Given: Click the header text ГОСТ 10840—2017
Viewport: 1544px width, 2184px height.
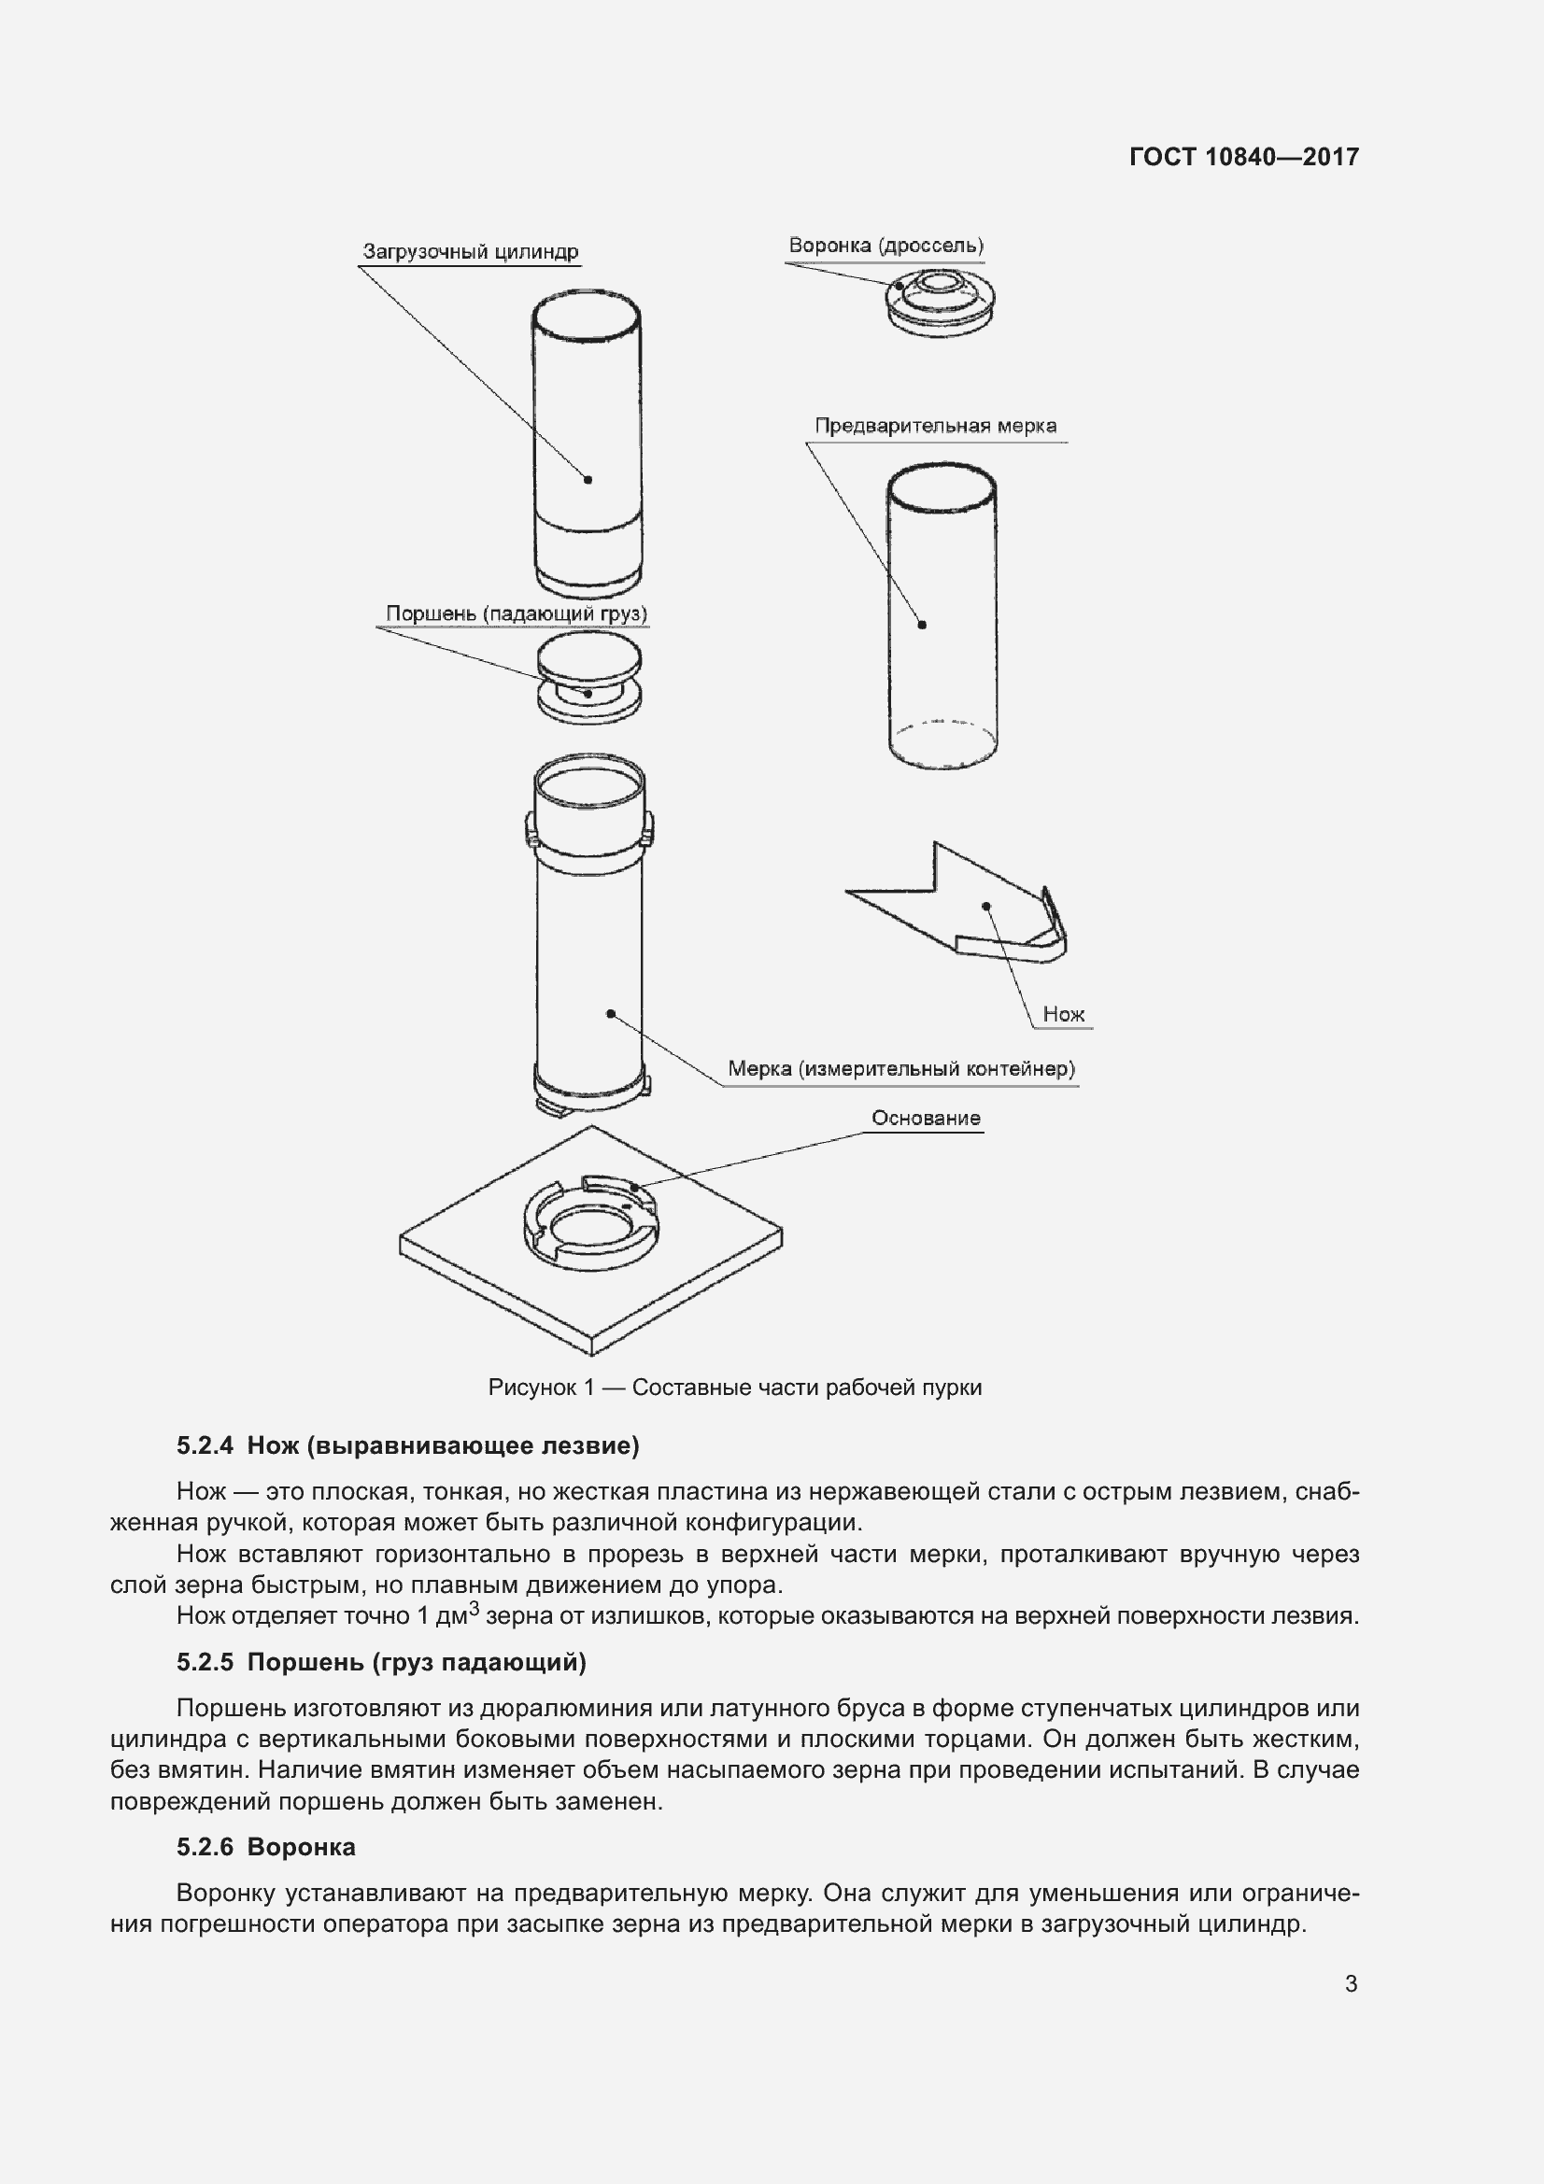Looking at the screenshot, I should click(1243, 157).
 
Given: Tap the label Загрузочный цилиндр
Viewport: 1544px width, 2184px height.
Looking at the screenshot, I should click(470, 252).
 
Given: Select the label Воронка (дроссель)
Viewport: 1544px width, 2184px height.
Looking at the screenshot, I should click(885, 246).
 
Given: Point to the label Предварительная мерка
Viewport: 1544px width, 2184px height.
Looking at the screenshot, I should click(935, 426).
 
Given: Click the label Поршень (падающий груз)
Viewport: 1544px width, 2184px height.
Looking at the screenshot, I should click(516, 613).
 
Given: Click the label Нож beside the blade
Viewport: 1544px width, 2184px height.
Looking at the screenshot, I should click(1063, 1014).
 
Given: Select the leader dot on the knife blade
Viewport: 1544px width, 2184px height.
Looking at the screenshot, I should click(986, 907).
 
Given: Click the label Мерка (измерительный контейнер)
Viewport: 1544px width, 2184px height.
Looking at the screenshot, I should click(901, 1068).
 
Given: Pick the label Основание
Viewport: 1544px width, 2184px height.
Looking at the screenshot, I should click(926, 1119).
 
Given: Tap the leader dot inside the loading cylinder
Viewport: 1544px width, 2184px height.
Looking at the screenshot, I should click(588, 479).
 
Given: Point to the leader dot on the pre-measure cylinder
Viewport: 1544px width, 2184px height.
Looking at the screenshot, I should click(922, 625).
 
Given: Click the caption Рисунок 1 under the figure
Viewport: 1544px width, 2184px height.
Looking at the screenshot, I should click(733, 1388).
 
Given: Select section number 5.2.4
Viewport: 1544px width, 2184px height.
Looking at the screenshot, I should click(205, 1445).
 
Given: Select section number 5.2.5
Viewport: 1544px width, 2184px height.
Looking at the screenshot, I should click(205, 1662).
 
